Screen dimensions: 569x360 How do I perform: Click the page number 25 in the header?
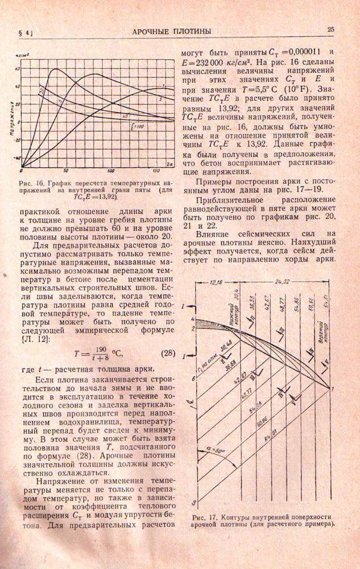(330, 30)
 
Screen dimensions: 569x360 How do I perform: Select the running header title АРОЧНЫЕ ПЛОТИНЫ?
(172, 31)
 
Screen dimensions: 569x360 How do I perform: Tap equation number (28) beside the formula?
(163, 352)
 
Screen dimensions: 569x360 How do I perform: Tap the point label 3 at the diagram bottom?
(195, 503)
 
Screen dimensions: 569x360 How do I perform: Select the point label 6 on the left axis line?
(195, 378)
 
